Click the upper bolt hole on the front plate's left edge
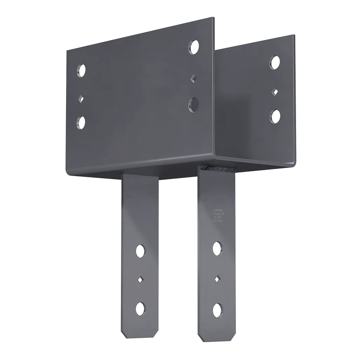coord(81,70)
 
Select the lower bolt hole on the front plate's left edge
coord(81,123)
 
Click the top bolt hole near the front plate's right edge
coord(193,46)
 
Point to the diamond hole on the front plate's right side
coord(192,78)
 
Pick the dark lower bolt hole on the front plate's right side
coord(193,105)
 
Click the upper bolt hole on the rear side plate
coord(275,62)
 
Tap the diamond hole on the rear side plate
coord(275,92)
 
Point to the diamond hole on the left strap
coord(141,279)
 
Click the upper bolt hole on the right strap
coord(218,247)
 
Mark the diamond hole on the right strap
coord(218,278)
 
